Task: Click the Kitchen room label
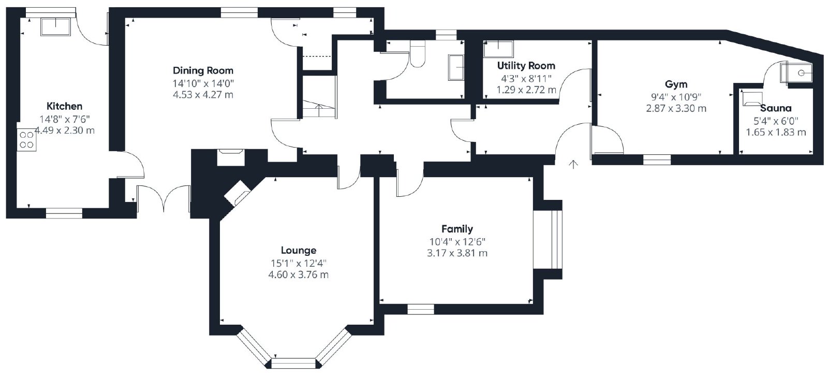pyautogui.click(x=64, y=106)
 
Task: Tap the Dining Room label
pyautogui.click(x=203, y=70)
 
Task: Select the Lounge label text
pyautogui.click(x=298, y=251)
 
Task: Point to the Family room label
pyautogui.click(x=457, y=229)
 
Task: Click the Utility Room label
pyautogui.click(x=526, y=65)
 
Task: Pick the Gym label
pyautogui.click(x=676, y=84)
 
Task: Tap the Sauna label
pyautogui.click(x=776, y=108)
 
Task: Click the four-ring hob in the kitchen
pyautogui.click(x=26, y=140)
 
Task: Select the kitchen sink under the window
pyautogui.click(x=55, y=26)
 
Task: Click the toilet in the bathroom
pyautogui.click(x=418, y=54)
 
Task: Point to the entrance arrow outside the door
pyautogui.click(x=573, y=165)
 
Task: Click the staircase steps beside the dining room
pyautogui.click(x=319, y=109)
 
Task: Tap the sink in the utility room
pyautogui.click(x=498, y=49)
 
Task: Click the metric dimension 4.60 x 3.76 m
pyautogui.click(x=298, y=274)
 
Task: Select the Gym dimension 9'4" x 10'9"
pyautogui.click(x=676, y=97)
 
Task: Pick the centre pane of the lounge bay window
pyautogui.click(x=294, y=364)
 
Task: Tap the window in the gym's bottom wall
pyautogui.click(x=657, y=160)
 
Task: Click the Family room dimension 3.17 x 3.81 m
pyautogui.click(x=457, y=253)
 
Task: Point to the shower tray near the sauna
pyautogui.click(x=796, y=73)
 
